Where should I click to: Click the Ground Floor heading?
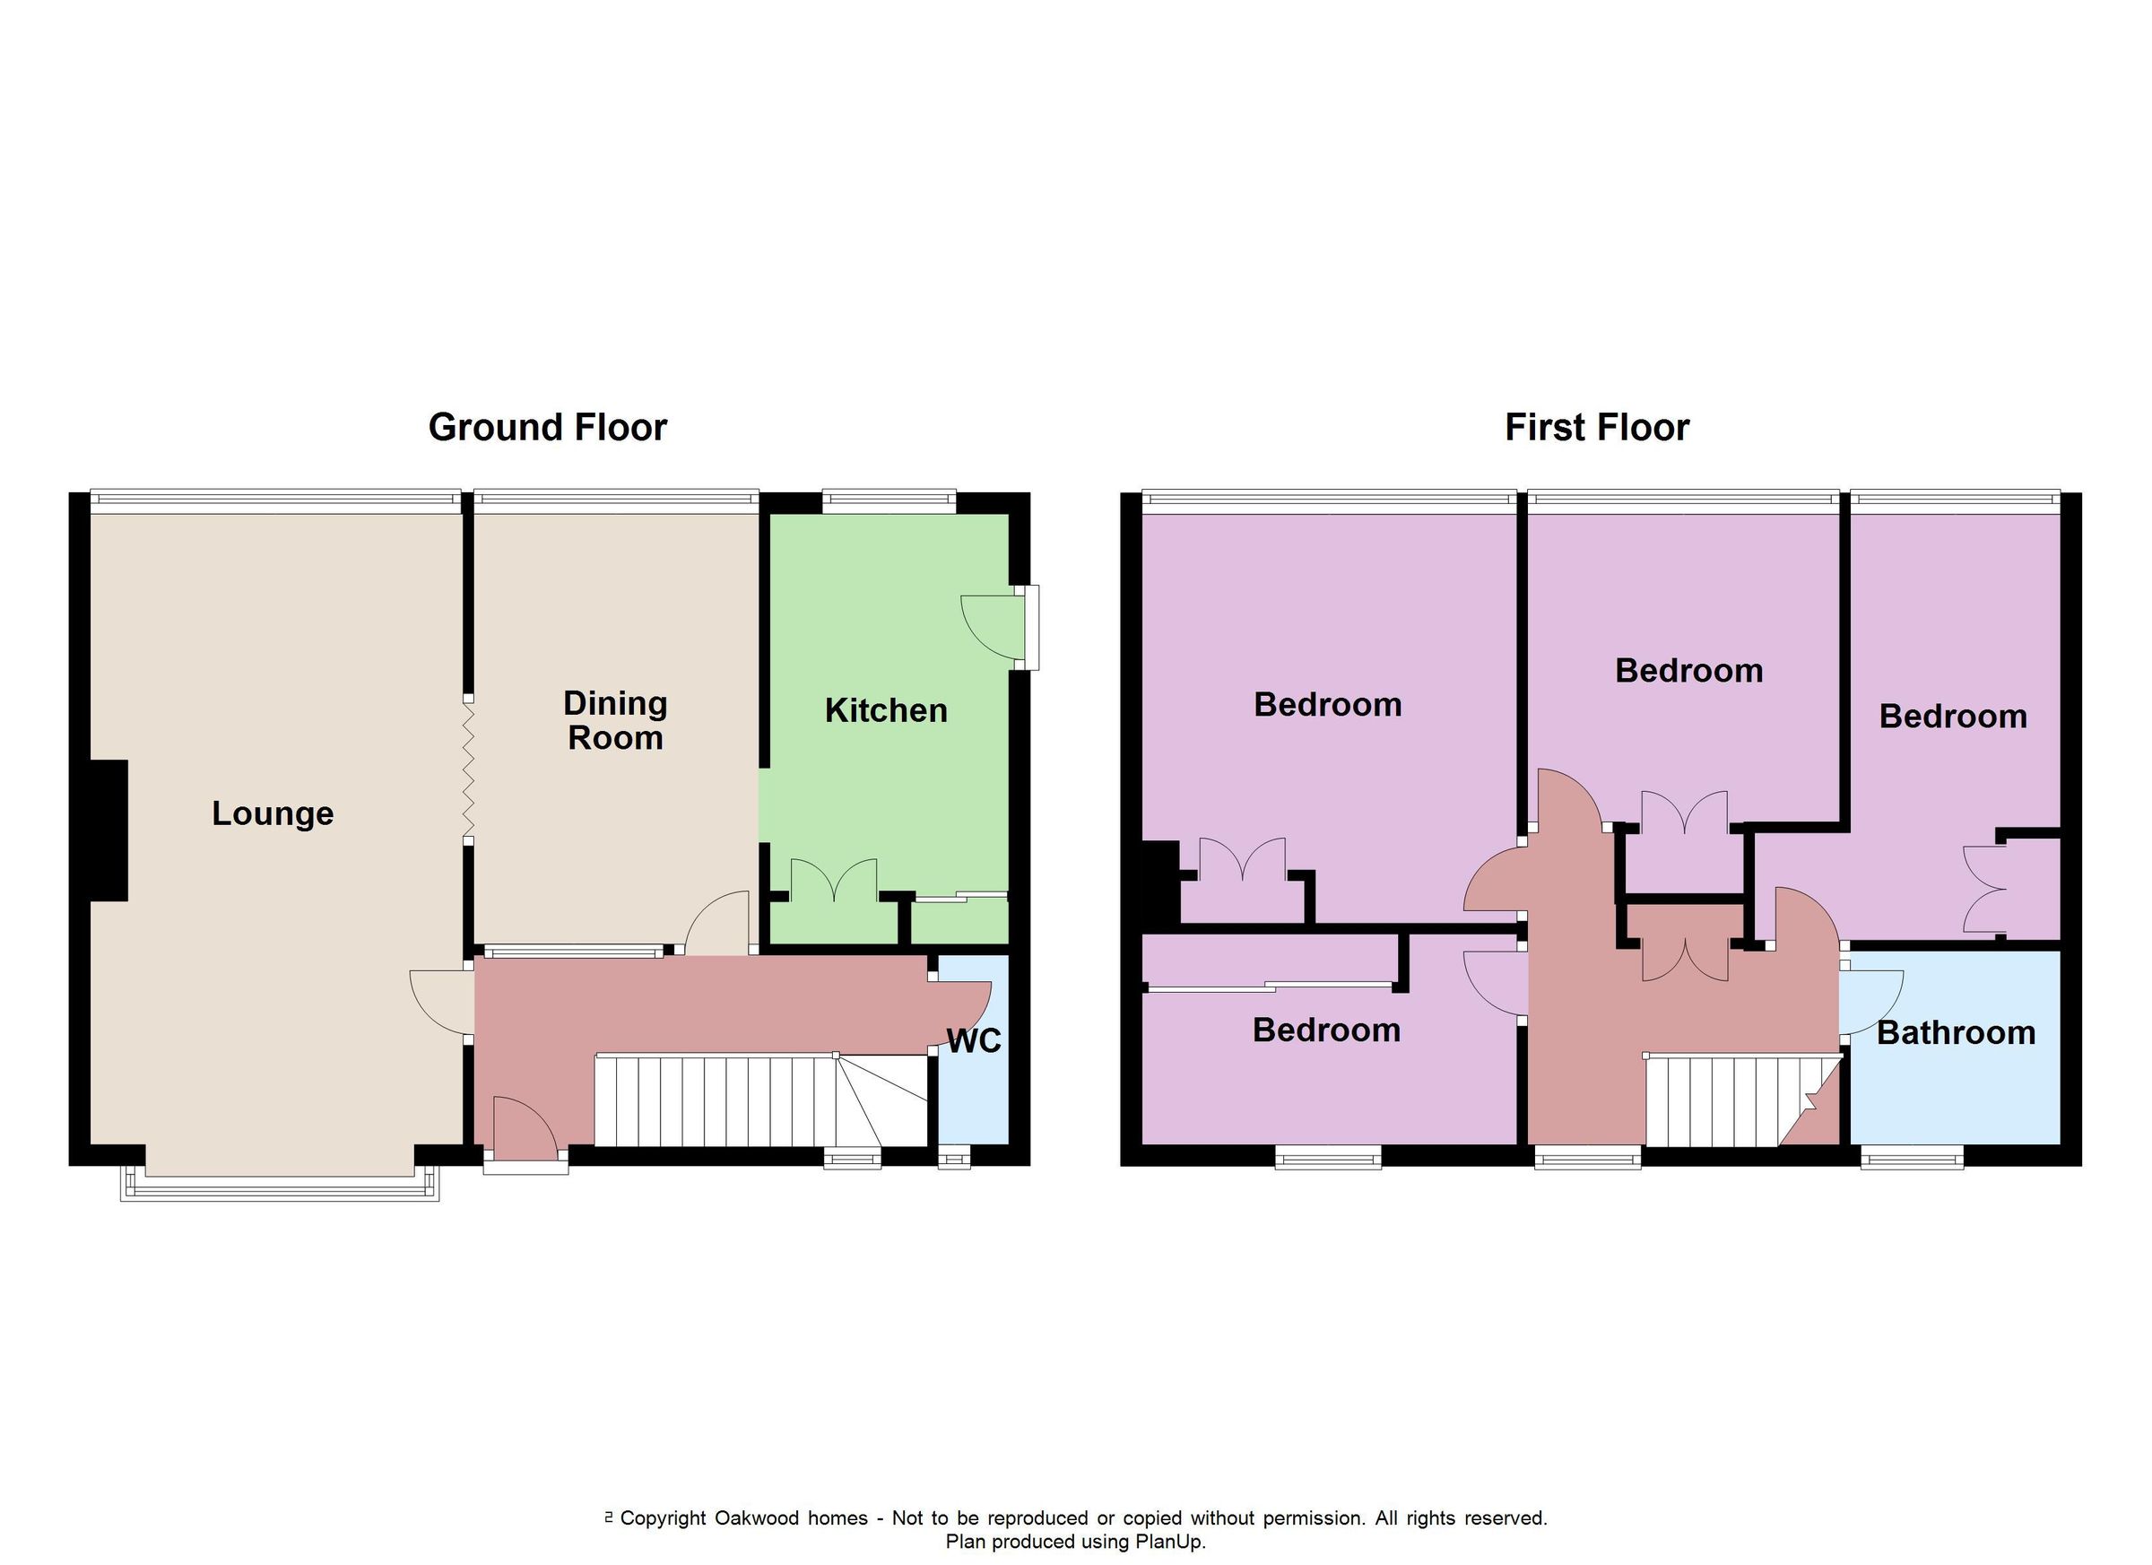pyautogui.click(x=548, y=427)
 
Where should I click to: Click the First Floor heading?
pyautogui.click(x=1597, y=427)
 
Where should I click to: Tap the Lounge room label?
pyautogui.click(x=273, y=813)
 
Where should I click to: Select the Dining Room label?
pyautogui.click(x=615, y=720)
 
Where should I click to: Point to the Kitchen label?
pyautogui.click(x=885, y=710)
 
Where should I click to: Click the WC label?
pyautogui.click(x=974, y=1041)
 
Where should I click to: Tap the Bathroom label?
pyautogui.click(x=1956, y=1032)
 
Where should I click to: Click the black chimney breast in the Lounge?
pyautogui.click(x=108, y=830)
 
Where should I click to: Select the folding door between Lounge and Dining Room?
pyautogui.click(x=468, y=769)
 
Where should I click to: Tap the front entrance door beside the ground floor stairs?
pyautogui.click(x=525, y=1129)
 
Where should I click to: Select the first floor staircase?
pyautogui.click(x=1727, y=1101)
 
